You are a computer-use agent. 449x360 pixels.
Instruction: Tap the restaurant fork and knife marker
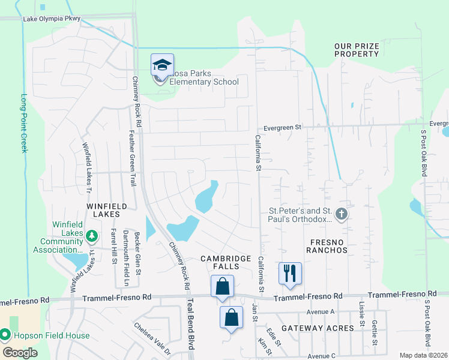pos(291,273)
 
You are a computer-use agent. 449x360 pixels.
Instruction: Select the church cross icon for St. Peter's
pos(342,214)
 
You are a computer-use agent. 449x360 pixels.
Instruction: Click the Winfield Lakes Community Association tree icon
pos(92,235)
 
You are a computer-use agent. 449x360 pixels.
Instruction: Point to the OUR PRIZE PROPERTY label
pos(357,50)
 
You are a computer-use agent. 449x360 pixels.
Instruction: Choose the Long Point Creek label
pos(25,123)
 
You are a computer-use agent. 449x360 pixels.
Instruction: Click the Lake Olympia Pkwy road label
pos(51,19)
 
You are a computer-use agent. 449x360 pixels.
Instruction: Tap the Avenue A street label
pos(320,311)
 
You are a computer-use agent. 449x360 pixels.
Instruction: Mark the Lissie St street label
pos(361,314)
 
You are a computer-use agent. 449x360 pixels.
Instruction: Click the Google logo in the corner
pos(21,352)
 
